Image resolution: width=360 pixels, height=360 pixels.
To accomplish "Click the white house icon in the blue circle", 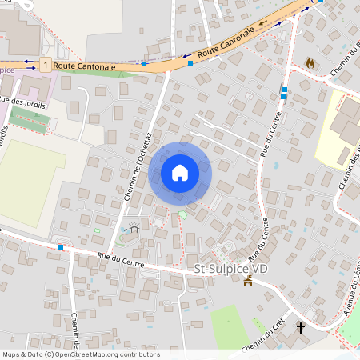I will (x=180, y=172).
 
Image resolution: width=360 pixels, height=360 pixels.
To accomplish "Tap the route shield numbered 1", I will (x=46, y=64).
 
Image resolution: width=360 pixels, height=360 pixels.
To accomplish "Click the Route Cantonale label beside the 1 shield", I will (x=84, y=66).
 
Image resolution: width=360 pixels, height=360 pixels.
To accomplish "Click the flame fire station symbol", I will (x=310, y=62).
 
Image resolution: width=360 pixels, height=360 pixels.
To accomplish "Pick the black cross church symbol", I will (x=301, y=327).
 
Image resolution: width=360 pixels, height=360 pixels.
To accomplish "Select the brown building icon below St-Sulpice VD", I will (x=248, y=282).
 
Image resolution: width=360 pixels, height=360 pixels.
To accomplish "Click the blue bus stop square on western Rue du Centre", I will (x=61, y=247).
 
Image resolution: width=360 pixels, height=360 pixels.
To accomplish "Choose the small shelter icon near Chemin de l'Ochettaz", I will (x=134, y=229).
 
